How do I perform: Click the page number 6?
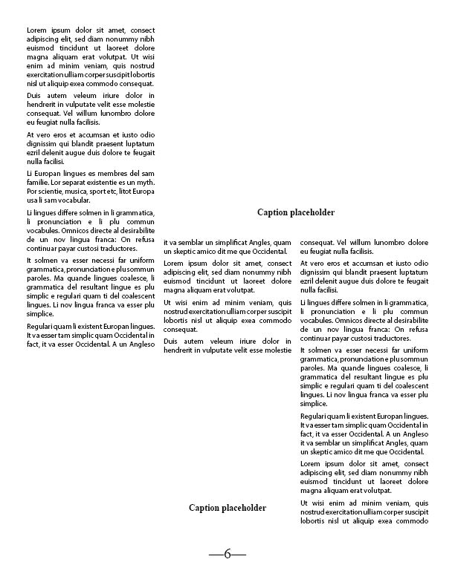click(x=227, y=554)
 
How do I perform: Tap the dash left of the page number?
click(x=216, y=555)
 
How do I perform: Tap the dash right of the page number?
click(x=239, y=555)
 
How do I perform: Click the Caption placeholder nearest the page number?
click(x=227, y=508)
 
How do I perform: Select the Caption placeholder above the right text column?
click(x=296, y=212)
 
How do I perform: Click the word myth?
click(x=146, y=182)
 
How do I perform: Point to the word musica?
click(x=92, y=191)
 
